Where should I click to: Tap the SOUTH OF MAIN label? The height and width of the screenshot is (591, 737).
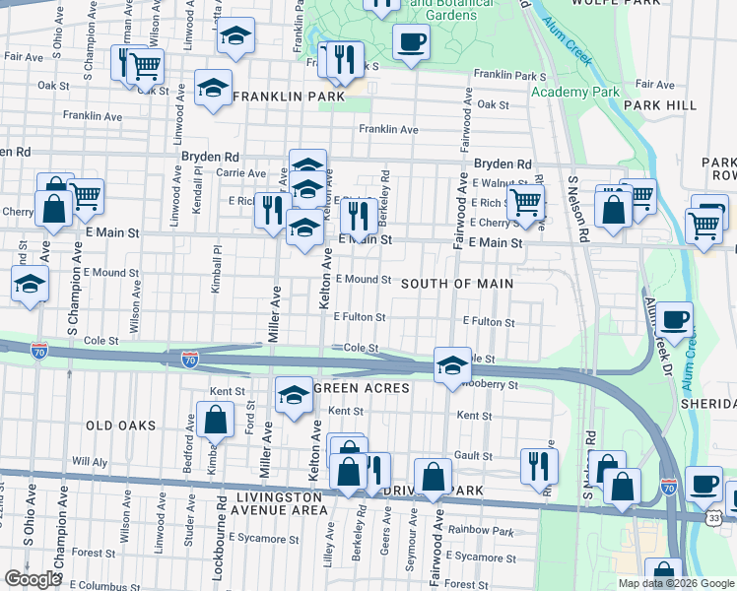pyautogui.click(x=457, y=284)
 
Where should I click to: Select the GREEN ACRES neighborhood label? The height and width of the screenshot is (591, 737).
pyautogui.click(x=361, y=388)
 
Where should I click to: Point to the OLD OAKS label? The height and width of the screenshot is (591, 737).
pyautogui.click(x=121, y=426)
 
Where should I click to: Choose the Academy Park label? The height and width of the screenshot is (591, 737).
pyautogui.click(x=574, y=92)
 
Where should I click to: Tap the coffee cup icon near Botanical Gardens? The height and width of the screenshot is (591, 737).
pyautogui.click(x=411, y=43)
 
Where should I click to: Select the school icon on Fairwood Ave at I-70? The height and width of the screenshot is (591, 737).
pyautogui.click(x=451, y=365)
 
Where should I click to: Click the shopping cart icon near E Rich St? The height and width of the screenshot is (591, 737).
pyautogui.click(x=526, y=201)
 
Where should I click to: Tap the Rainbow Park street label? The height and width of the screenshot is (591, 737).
pyautogui.click(x=480, y=532)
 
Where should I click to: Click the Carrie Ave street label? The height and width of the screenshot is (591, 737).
pyautogui.click(x=241, y=172)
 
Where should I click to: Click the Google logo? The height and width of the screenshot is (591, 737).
pyautogui.click(x=33, y=579)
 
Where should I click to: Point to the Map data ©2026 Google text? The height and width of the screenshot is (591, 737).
pyautogui.click(x=675, y=583)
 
